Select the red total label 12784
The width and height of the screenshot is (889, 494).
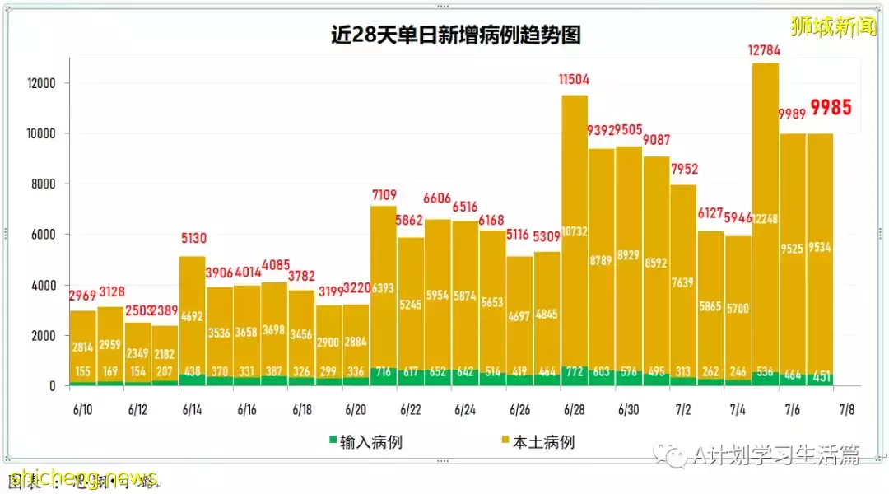click(x=765, y=50)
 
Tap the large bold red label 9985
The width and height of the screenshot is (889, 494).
click(x=830, y=107)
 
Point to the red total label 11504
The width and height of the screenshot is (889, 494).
click(x=574, y=80)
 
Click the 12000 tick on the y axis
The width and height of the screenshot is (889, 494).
click(x=39, y=83)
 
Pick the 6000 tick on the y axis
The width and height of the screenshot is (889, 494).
click(x=42, y=235)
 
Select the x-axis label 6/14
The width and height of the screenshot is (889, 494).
click(x=192, y=409)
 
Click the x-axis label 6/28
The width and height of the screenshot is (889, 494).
click(x=574, y=409)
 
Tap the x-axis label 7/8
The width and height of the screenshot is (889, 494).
click(x=846, y=409)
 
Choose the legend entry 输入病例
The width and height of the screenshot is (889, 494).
click(x=370, y=442)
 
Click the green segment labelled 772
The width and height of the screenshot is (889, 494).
click(x=574, y=371)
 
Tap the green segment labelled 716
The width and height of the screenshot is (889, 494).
click(x=383, y=371)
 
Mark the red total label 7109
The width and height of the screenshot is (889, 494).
click(x=383, y=194)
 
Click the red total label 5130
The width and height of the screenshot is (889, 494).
click(x=192, y=239)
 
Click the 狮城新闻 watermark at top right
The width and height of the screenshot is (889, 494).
click(x=833, y=26)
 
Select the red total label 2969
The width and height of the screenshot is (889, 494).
click(x=82, y=296)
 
